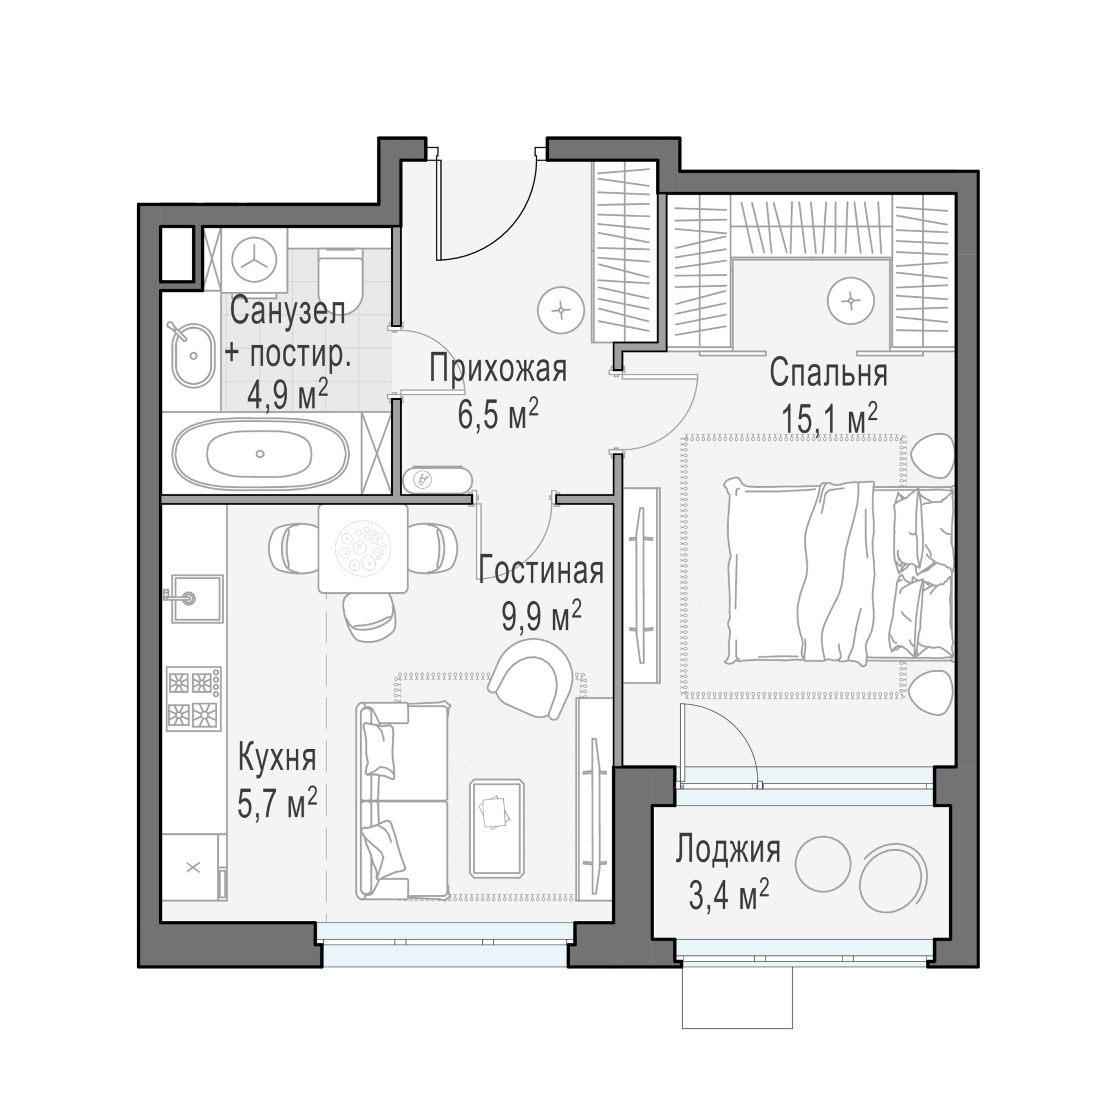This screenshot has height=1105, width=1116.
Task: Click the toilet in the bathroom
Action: coord(341,280)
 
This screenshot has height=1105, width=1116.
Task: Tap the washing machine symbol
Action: coord(254,261)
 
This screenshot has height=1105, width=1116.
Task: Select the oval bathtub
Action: coord(262,454)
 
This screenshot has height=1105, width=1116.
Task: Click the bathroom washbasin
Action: coord(193,355)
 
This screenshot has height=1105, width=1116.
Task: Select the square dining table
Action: coord(363,549)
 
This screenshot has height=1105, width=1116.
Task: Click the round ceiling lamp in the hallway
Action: coord(561,310)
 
